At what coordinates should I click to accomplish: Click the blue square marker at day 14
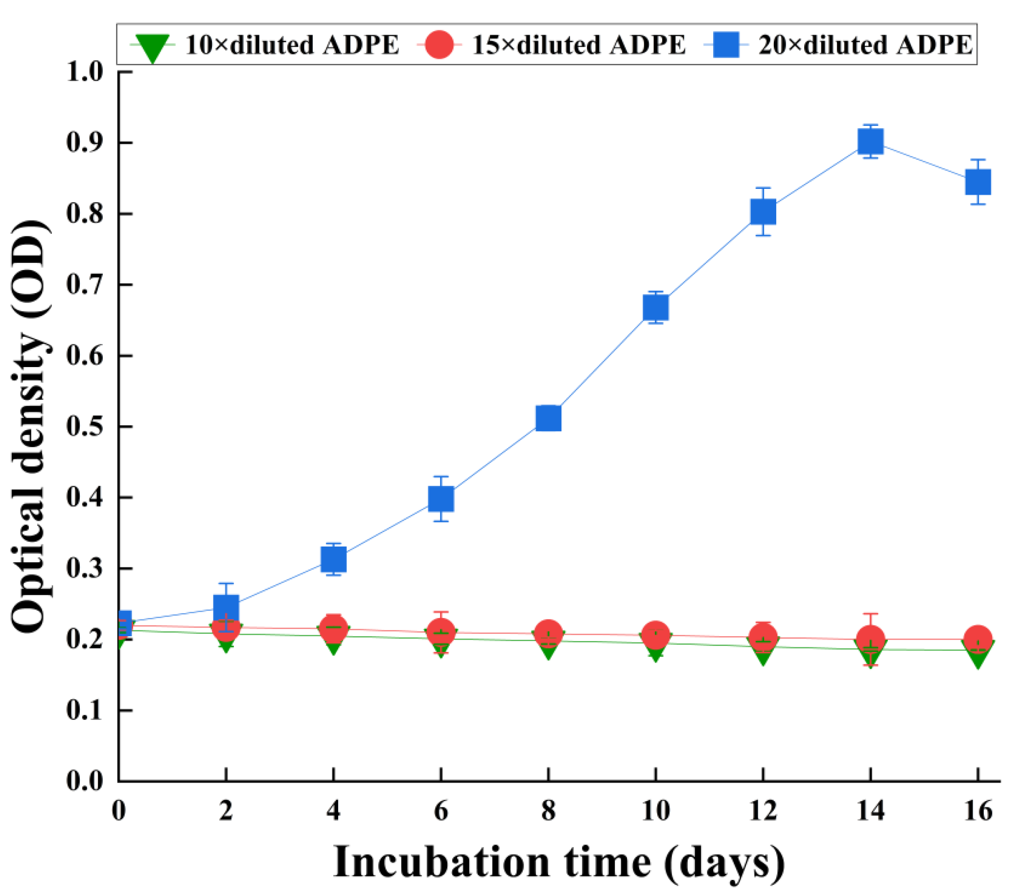pos(871,141)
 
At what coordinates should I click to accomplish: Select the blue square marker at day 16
pos(978,182)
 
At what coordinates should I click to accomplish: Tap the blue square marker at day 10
pos(656,307)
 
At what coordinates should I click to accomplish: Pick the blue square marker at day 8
pos(549,418)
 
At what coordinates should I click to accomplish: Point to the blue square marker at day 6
pos(441,499)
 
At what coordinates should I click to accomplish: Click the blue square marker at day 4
pos(334,559)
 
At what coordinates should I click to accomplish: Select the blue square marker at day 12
pos(763,211)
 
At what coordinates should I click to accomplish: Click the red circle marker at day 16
pos(978,639)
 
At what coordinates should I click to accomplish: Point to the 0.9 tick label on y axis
pos(84,143)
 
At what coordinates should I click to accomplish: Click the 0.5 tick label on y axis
pos(84,427)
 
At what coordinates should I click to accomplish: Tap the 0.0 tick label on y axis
pos(84,781)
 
